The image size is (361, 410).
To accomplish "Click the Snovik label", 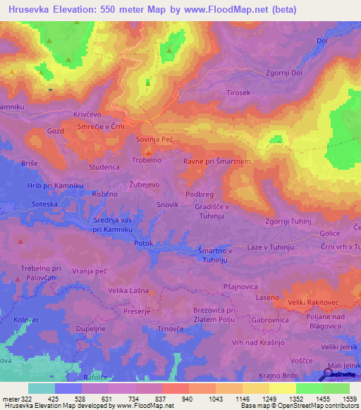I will (x=167, y=205).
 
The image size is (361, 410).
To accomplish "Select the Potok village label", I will (x=144, y=242).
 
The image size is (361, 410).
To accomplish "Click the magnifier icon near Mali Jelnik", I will (x=329, y=373).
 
